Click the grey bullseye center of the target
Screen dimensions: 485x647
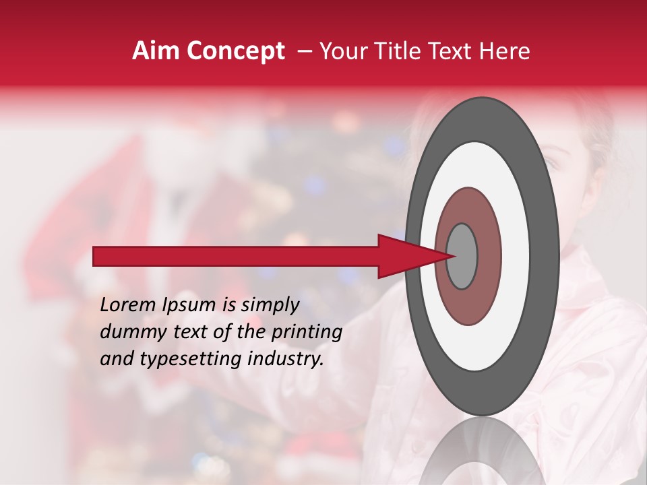click(462, 256)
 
